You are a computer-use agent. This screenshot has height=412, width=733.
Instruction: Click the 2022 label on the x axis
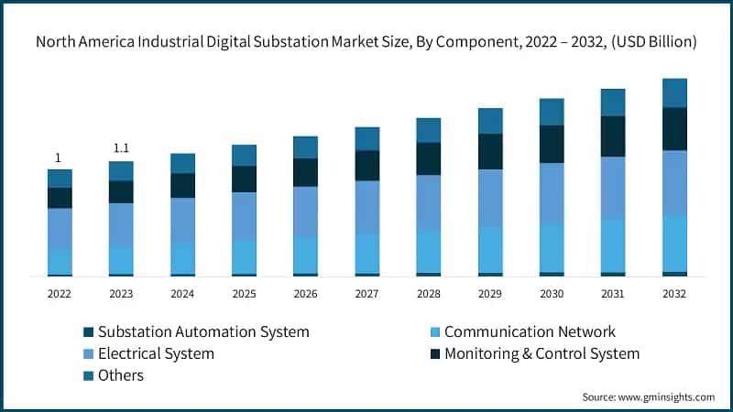(60, 293)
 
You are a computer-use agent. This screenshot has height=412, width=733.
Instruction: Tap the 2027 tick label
(367, 293)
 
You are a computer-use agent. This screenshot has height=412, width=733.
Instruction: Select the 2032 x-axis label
(674, 293)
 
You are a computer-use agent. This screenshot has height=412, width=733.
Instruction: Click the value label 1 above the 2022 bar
(60, 157)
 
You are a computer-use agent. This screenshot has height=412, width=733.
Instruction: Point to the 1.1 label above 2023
(121, 148)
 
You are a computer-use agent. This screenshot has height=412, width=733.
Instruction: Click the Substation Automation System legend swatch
(88, 331)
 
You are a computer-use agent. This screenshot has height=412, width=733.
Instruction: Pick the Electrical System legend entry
(156, 353)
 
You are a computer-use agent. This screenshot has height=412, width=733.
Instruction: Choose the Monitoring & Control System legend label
(542, 353)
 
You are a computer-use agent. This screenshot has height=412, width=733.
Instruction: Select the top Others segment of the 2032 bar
(674, 92)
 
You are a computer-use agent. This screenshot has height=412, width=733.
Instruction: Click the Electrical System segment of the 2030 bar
(552, 193)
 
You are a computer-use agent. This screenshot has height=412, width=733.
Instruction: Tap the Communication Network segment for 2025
(244, 256)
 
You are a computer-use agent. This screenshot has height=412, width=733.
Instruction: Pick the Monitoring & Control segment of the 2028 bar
(429, 158)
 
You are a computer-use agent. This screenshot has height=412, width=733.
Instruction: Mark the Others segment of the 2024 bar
(182, 163)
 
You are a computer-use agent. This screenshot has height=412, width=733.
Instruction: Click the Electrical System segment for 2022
(60, 228)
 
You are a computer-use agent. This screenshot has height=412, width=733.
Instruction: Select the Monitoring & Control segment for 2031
(613, 136)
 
